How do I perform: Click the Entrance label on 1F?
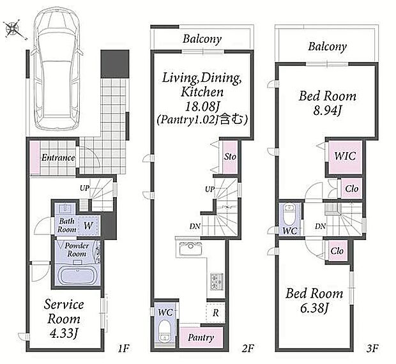58,158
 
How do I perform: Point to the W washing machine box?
89,225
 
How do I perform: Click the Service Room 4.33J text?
64,319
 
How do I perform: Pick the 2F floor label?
248,348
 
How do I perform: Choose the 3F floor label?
372,348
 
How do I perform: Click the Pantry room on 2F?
201,337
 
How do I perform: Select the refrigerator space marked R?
215,313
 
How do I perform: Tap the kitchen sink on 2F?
190,249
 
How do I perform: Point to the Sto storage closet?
230,157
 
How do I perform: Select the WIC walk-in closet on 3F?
346,156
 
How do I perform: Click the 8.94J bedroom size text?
328,110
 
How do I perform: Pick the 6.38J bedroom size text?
314,308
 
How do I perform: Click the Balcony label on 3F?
327,47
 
